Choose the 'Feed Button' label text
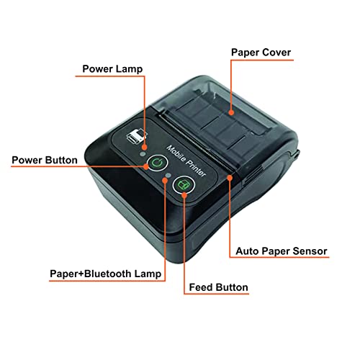point(217,287)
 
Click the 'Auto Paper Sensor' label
point(282,251)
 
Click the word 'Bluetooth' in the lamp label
point(114,274)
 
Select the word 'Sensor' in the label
point(309,251)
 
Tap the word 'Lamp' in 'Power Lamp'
point(131,69)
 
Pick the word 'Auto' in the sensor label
point(249,251)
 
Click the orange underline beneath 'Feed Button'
point(217,295)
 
